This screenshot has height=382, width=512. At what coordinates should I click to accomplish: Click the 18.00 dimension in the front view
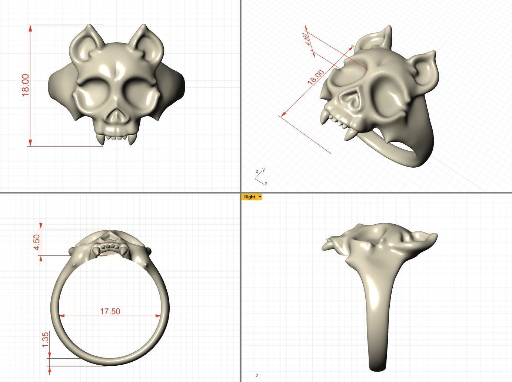[25, 85]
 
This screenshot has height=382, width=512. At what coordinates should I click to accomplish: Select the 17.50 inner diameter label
[110, 311]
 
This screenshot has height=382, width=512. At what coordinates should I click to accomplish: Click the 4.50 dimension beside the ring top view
[37, 242]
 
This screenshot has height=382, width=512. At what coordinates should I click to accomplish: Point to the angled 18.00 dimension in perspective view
[316, 77]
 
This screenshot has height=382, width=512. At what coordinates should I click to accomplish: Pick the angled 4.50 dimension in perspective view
[305, 38]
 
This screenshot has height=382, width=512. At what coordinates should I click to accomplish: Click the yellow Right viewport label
[249, 197]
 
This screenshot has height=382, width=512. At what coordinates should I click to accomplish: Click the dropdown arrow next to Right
[260, 197]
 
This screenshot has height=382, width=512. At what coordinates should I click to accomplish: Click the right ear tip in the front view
[144, 27]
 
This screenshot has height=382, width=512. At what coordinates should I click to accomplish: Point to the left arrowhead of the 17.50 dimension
[61, 316]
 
